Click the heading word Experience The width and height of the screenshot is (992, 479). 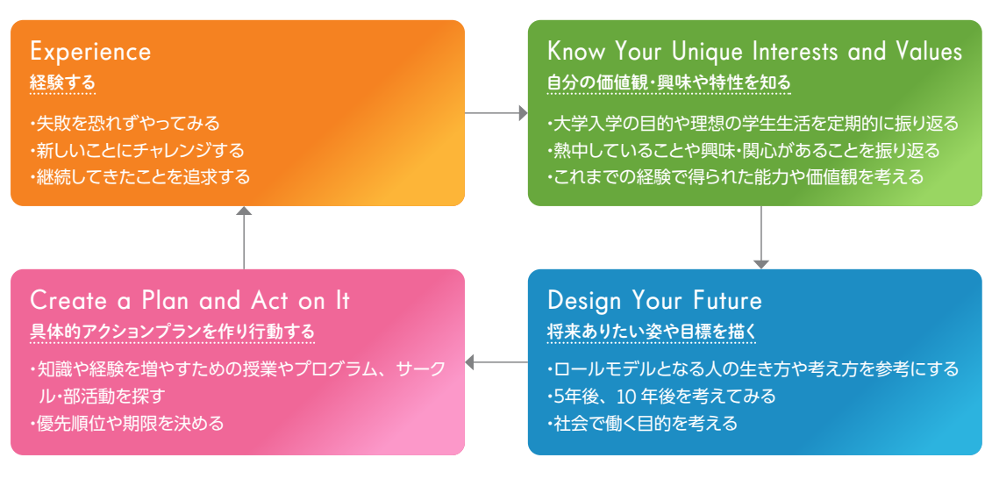point(90,51)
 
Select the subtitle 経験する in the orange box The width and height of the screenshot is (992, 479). point(62,82)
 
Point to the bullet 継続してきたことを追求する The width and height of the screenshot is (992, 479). point(139,176)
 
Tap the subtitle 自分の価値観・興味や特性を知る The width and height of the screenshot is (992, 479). point(668,82)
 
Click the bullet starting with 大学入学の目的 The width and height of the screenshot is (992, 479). point(753,122)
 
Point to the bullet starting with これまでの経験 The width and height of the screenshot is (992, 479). point(735,176)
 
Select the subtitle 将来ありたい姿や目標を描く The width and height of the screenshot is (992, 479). point(652,332)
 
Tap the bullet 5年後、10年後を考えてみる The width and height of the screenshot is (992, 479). point(661,397)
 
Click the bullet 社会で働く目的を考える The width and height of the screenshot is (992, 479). point(642,423)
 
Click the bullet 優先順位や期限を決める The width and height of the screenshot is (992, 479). point(126,423)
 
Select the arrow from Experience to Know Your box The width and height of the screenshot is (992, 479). point(496,113)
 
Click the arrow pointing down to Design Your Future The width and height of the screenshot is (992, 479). point(761,237)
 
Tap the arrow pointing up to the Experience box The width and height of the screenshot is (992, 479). point(244,237)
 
